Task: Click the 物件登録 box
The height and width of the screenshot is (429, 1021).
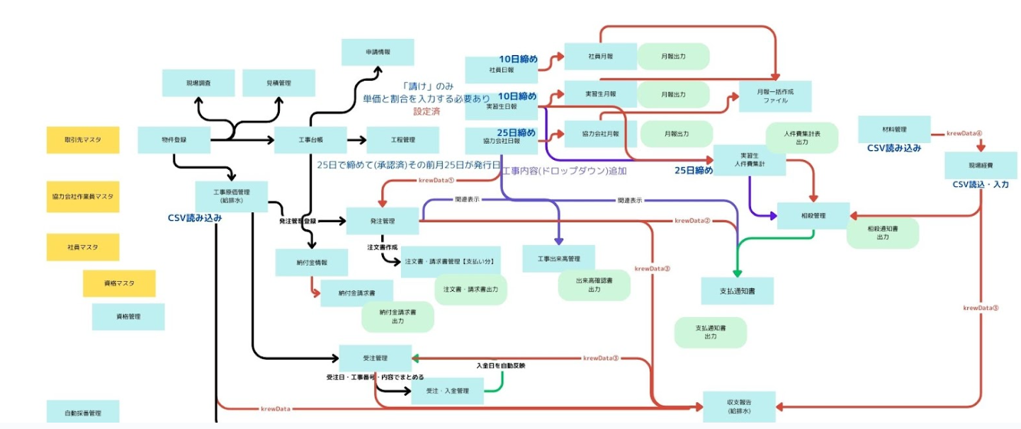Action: pyautogui.click(x=174, y=140)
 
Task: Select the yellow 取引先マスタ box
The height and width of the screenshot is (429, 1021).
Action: pyautogui.click(x=83, y=140)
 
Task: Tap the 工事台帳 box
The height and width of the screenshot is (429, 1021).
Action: pyautogui.click(x=310, y=140)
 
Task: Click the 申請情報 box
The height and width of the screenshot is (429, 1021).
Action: pyautogui.click(x=378, y=52)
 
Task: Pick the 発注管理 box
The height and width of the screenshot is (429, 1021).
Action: pyautogui.click(x=383, y=221)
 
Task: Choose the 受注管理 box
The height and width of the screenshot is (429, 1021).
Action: pyautogui.click(x=375, y=358)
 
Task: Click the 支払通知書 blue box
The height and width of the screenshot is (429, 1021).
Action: pyautogui.click(x=737, y=291)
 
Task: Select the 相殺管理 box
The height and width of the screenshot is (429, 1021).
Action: pyautogui.click(x=813, y=215)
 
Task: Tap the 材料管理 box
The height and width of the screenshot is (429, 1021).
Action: pyautogui.click(x=894, y=130)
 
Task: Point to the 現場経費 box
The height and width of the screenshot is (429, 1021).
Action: pyautogui.click(x=980, y=165)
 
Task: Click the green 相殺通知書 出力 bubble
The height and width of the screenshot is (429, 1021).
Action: pyautogui.click(x=883, y=233)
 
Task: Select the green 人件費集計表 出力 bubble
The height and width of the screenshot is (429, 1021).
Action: pyautogui.click(x=802, y=137)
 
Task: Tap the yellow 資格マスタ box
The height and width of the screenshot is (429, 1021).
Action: pyautogui.click(x=119, y=283)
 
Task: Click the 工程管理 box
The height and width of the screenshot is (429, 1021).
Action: pyautogui.click(x=402, y=140)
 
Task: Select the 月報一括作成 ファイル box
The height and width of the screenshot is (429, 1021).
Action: pyautogui.click(x=775, y=96)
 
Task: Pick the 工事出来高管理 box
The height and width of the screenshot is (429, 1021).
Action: pyautogui.click(x=558, y=259)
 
